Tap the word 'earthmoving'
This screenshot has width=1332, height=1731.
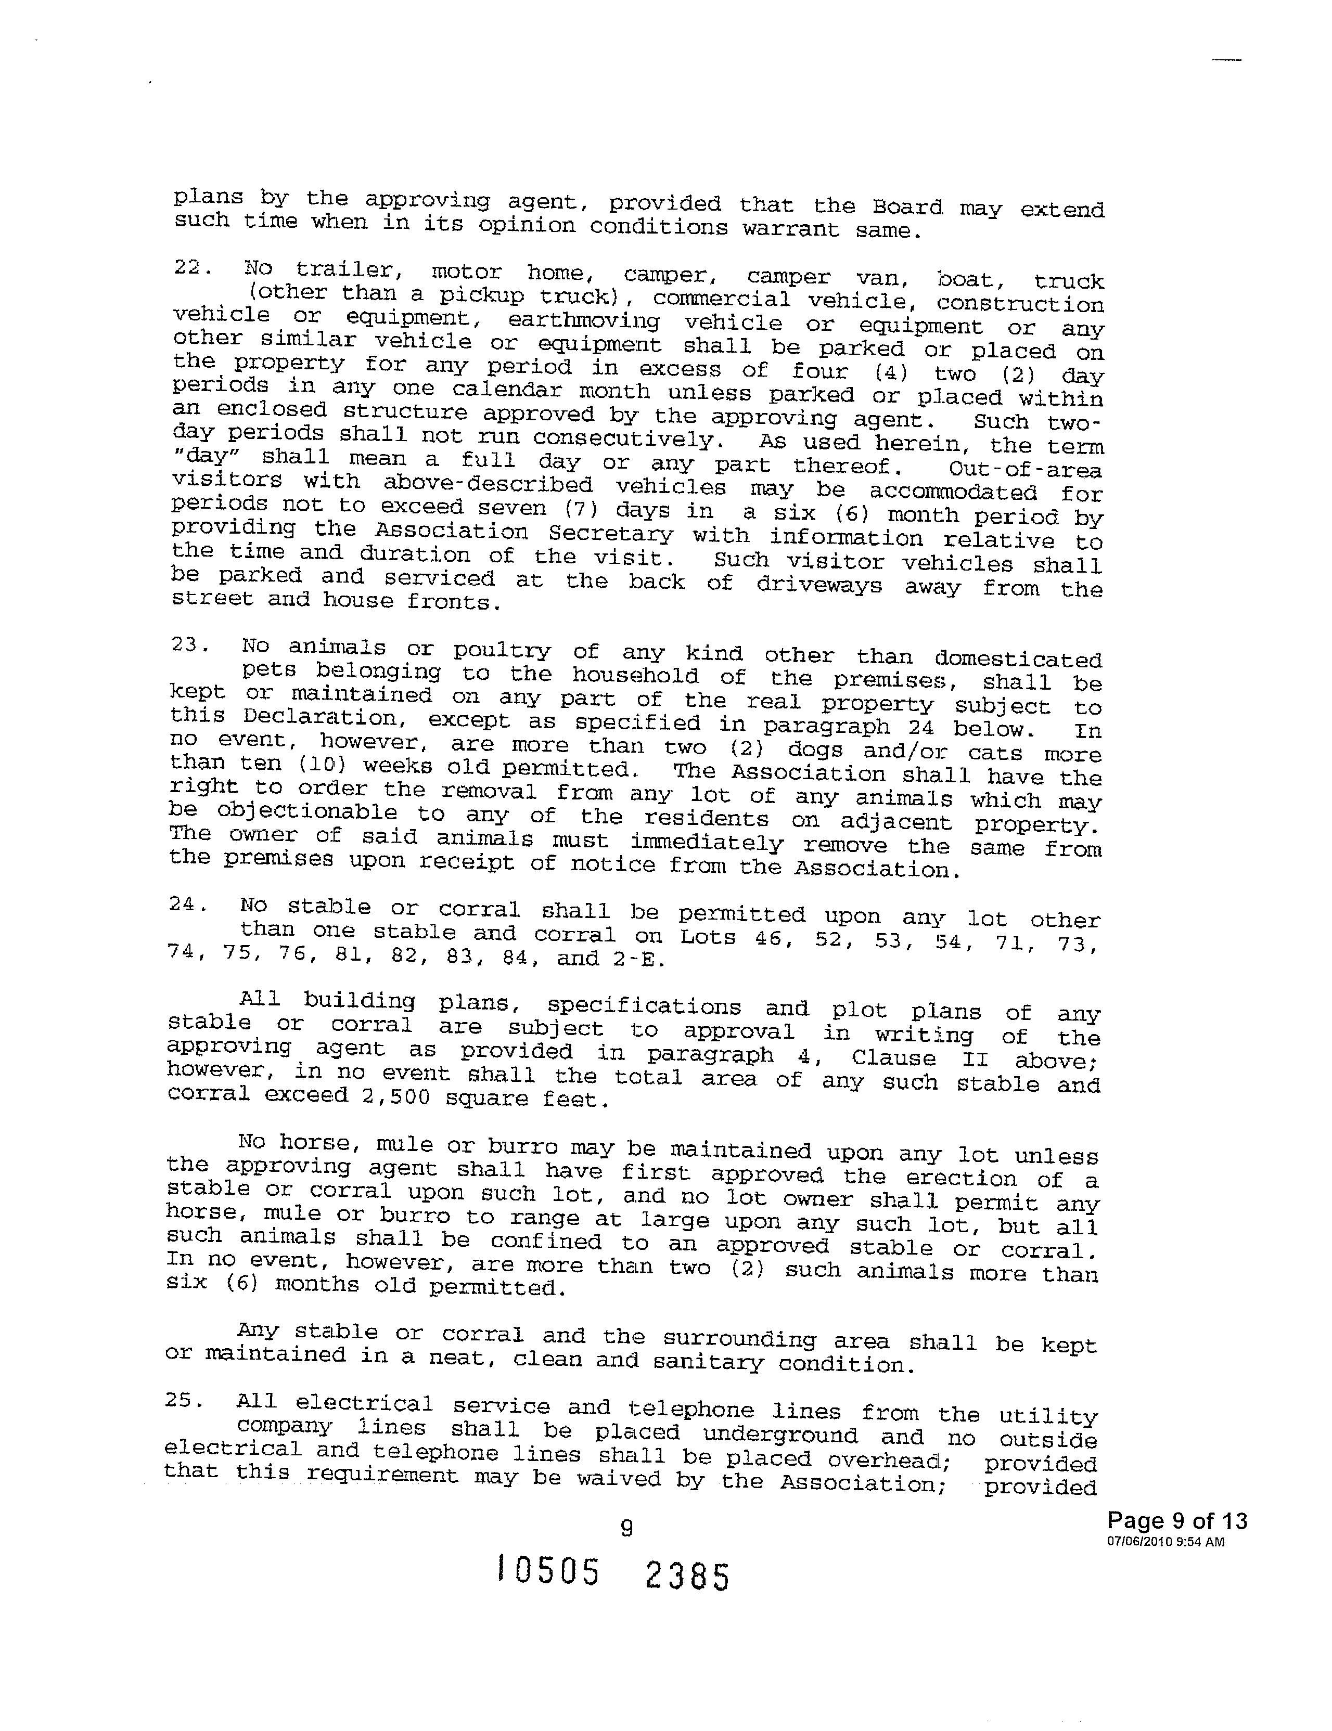(584, 321)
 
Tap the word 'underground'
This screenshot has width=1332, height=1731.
(780, 1435)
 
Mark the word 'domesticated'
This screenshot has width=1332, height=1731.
(1018, 658)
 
